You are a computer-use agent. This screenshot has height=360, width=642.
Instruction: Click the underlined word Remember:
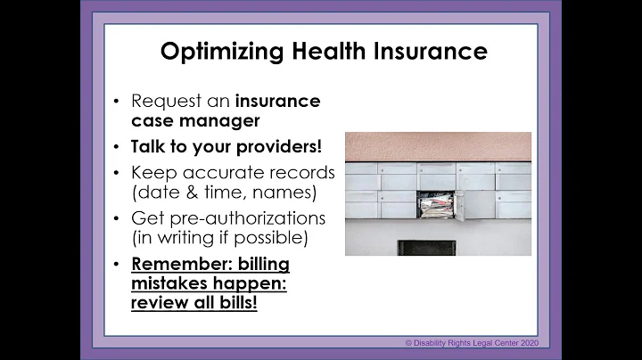pyautogui.click(x=175, y=265)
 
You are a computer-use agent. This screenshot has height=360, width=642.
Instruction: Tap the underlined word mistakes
pyautogui.click(x=172, y=285)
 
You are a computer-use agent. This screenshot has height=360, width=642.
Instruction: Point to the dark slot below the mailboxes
pyautogui.click(x=426, y=248)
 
